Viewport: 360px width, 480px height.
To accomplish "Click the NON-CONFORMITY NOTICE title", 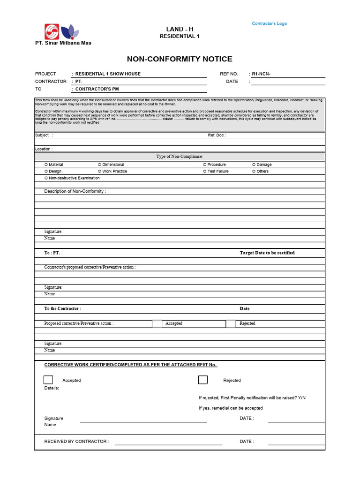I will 180,59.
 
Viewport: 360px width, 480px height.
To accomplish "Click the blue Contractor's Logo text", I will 269,23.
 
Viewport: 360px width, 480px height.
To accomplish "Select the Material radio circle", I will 46,165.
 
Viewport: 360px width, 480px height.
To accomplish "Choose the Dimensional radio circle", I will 99,165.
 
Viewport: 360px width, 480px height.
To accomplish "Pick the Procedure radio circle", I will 204,165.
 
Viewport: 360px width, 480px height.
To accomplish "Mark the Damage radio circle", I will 254,165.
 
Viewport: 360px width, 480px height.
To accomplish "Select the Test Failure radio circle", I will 204,171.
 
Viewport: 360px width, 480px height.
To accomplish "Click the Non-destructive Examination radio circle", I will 46,178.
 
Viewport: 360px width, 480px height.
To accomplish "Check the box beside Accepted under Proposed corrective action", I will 157,323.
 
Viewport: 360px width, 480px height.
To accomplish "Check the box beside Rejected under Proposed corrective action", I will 231,323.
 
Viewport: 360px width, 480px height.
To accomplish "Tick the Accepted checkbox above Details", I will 48,380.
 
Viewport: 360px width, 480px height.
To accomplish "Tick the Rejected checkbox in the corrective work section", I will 203,380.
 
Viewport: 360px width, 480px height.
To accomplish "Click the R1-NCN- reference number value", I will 261,74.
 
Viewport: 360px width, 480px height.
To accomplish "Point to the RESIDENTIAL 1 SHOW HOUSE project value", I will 108,74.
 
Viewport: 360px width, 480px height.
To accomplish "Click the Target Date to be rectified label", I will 267,253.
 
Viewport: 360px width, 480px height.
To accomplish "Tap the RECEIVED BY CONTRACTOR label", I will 76,442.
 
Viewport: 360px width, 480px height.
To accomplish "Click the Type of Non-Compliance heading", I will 180,157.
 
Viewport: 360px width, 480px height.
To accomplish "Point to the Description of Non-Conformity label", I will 75,191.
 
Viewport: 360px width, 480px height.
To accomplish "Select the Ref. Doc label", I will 217,135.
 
